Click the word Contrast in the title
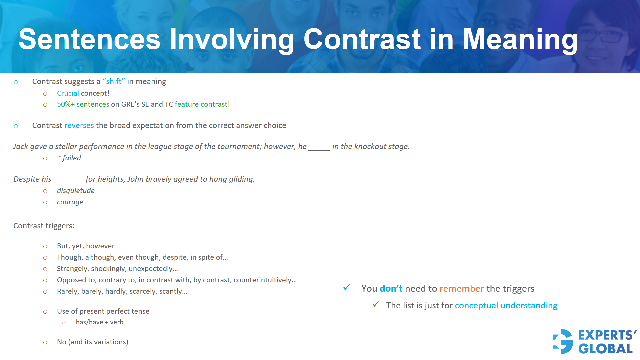coord(362,39)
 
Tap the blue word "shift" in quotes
coord(114,82)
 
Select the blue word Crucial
coord(68,93)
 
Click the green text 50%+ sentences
coord(83,104)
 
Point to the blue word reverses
coord(79,126)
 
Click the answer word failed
coord(71,158)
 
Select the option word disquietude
coord(76,191)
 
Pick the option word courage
coord(70,202)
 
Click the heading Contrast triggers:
coord(44,226)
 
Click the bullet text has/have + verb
coord(99,322)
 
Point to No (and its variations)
coord(92,342)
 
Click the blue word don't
coord(391,289)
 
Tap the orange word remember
coord(461,289)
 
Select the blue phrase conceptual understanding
coord(506,306)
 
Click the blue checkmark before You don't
coord(347,287)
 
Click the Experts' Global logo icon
coord(563,341)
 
